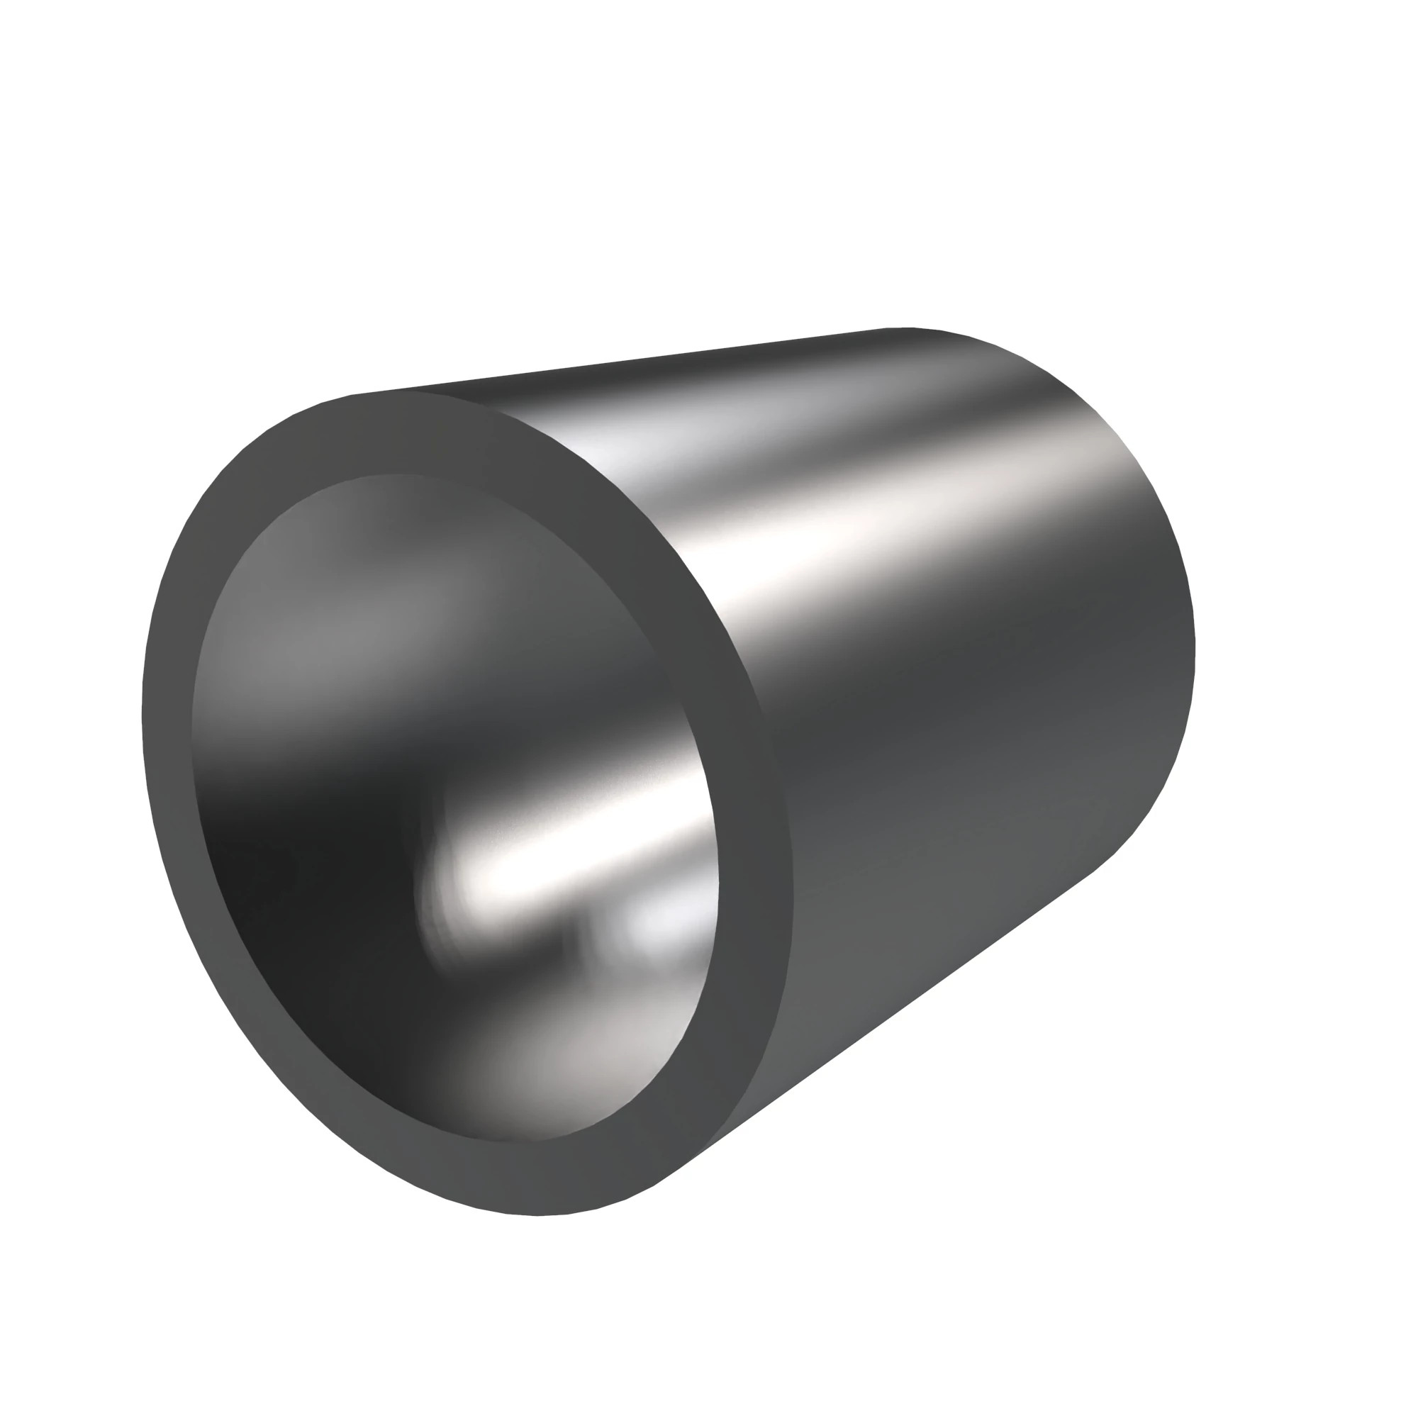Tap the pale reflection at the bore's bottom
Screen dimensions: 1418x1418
pyautogui.click(x=558, y=1064)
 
